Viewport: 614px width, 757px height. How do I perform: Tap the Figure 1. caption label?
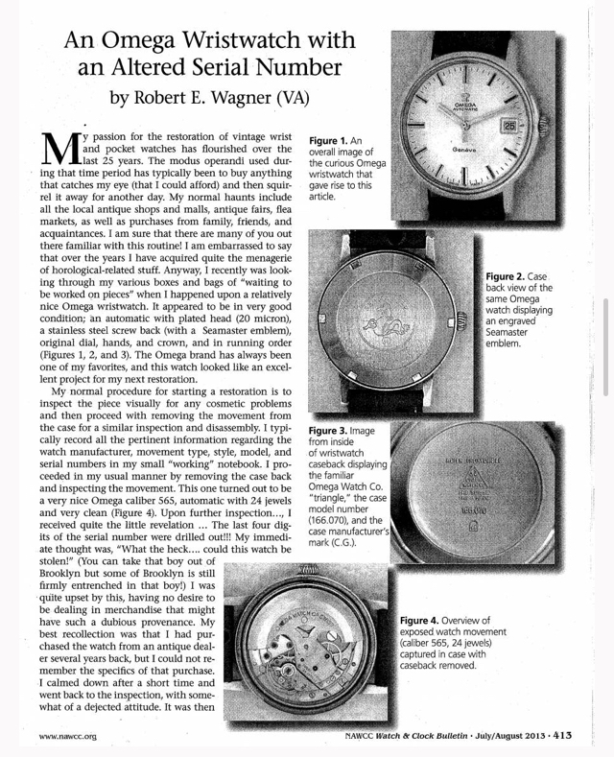click(x=328, y=140)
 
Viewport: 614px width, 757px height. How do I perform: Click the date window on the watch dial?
click(x=508, y=125)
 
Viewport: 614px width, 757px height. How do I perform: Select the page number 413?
click(x=561, y=735)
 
